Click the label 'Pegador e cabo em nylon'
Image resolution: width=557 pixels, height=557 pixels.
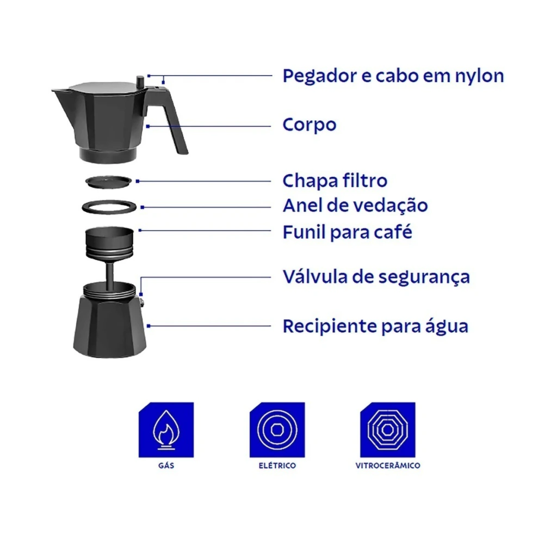pos(393,76)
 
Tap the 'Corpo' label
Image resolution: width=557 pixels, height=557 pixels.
pos(309,125)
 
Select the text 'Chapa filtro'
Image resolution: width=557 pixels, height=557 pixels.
pos(335,181)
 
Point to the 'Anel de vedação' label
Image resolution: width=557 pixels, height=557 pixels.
pos(355,205)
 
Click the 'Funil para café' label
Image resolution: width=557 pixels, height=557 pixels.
pos(347,232)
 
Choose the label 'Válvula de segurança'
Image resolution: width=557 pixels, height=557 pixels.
pos(376,277)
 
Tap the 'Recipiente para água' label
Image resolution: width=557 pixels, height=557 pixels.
pos(375,326)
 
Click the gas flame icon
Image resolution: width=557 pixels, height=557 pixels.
pos(166,430)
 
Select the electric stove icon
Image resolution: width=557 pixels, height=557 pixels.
pos(277,430)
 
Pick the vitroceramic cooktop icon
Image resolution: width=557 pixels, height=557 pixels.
pos(387,430)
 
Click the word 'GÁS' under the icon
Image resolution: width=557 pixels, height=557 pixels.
pos(166,466)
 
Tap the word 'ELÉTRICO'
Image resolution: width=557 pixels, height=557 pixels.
pos(277,466)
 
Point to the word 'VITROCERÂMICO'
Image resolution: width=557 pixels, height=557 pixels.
pos(387,466)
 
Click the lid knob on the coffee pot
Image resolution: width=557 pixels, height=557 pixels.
pos(140,83)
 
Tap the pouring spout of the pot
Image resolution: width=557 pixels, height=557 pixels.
pos(60,93)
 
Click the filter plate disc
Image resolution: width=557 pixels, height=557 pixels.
pos(109,182)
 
